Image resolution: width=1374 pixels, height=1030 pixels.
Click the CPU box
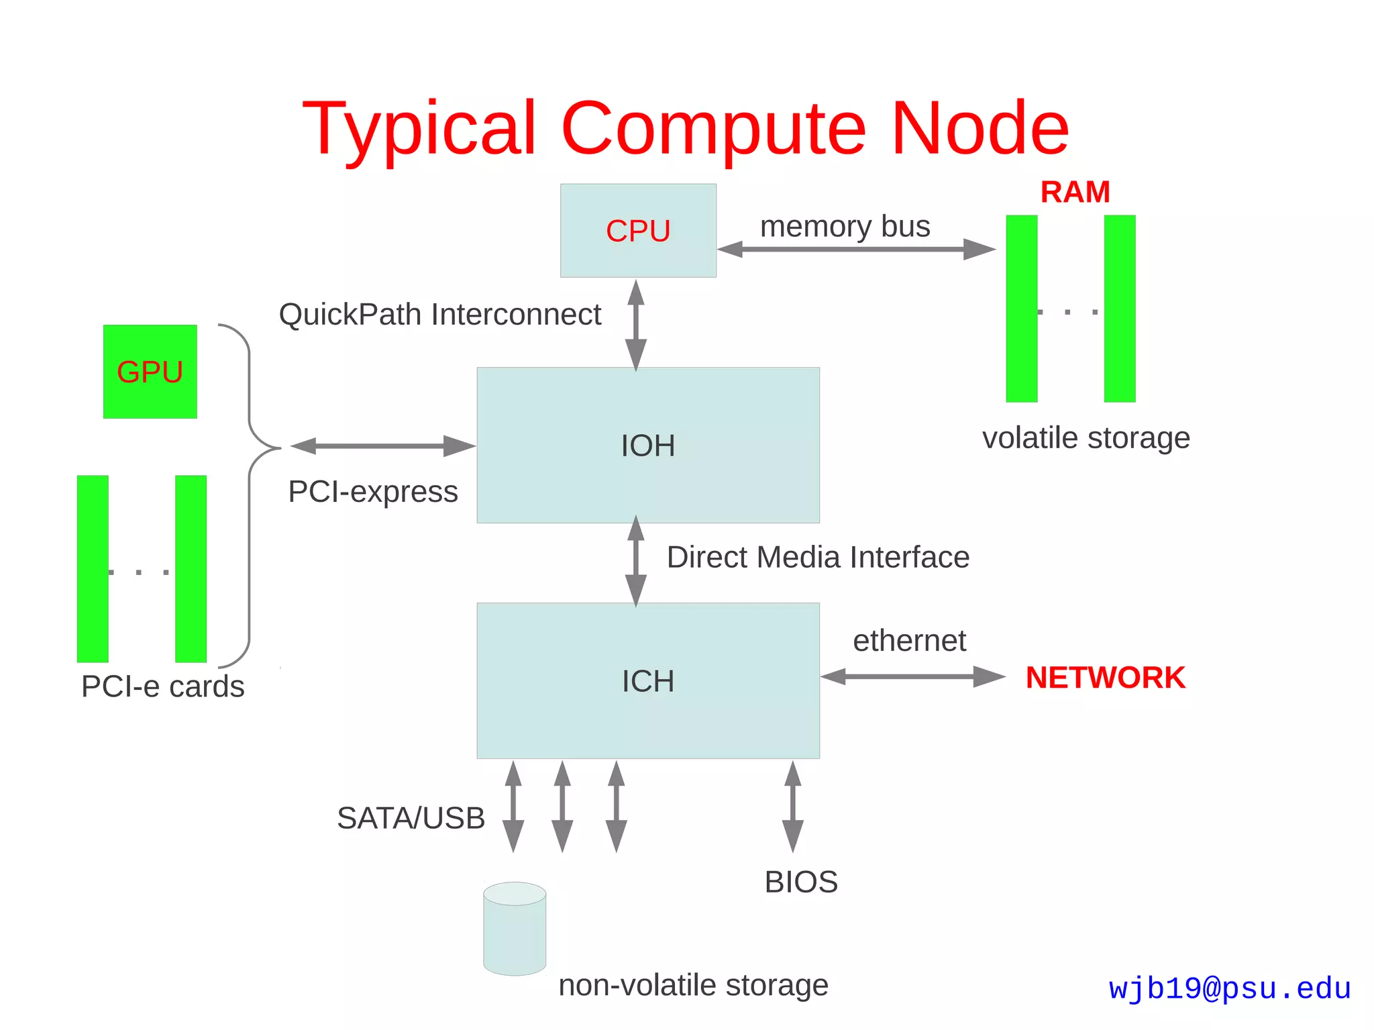coord(638,230)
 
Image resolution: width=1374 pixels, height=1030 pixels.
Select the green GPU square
coord(150,372)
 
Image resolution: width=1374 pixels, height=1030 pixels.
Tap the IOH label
coord(647,446)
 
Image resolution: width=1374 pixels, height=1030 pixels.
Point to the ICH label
coord(647,681)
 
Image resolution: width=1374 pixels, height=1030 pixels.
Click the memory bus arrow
coord(855,249)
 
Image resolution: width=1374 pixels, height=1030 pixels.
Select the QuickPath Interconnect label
coord(439,314)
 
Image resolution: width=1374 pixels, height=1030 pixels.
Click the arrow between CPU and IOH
coord(635,325)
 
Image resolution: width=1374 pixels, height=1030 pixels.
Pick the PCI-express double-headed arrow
coord(382,446)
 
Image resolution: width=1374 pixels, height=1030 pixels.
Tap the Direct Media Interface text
coord(817,557)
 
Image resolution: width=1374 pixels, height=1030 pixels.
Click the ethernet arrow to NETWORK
coord(912,676)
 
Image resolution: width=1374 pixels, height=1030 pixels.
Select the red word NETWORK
coord(1105,677)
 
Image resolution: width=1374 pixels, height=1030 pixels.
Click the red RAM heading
coord(1075,192)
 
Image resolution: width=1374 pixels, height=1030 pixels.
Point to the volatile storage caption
coord(1086,437)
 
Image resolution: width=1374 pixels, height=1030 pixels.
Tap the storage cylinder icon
coord(515,929)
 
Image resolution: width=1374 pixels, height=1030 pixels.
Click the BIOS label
coord(801,882)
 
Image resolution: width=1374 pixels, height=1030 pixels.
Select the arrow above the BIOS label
coord(792,807)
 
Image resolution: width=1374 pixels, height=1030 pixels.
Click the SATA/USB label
coord(411,818)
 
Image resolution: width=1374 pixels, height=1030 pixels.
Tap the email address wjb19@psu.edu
coord(1229,988)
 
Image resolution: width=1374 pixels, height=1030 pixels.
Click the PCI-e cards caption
coord(162,686)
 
